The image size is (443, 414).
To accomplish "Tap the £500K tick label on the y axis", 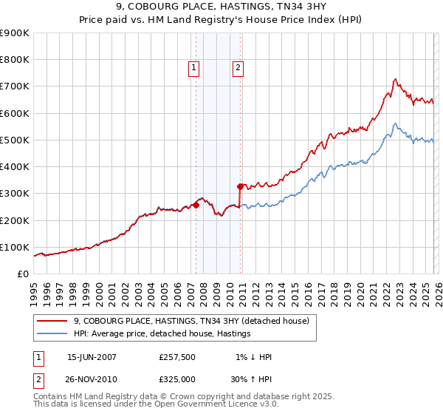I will (14, 140).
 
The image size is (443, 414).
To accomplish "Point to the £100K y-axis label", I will (14, 247).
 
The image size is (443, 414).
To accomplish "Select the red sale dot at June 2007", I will (196, 204).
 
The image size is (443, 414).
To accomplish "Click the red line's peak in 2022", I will (396, 78).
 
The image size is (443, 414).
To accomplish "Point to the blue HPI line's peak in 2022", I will (396, 123).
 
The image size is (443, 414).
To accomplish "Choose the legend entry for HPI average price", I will (162, 334).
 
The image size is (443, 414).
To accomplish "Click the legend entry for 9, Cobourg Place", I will (196, 321).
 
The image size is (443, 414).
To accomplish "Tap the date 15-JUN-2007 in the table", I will (92, 357).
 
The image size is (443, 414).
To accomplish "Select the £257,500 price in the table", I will (176, 357).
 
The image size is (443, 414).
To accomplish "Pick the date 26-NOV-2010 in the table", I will (92, 379).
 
